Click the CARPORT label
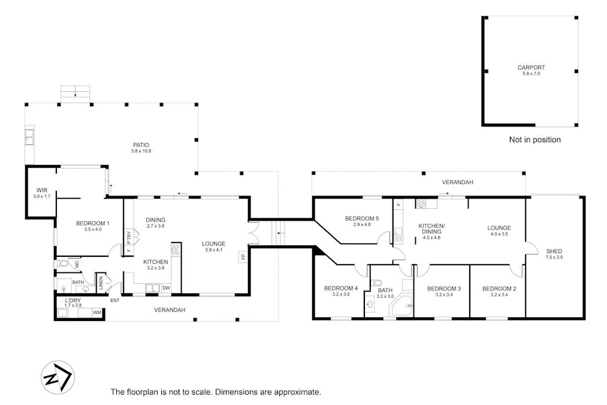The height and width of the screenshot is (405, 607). pyautogui.click(x=531, y=68)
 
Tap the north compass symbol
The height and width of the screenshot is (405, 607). pyautogui.click(x=57, y=378)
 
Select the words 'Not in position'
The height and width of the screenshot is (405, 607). pyautogui.click(x=534, y=140)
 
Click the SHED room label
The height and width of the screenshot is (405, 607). pyautogui.click(x=554, y=251)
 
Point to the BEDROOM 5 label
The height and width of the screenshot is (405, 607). pyautogui.click(x=362, y=218)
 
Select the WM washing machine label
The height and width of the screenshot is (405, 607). pyautogui.click(x=96, y=313)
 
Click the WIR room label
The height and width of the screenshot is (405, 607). pyautogui.click(x=42, y=190)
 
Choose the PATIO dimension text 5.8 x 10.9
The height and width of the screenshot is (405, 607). pyautogui.click(x=141, y=151)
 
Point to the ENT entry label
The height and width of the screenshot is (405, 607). pyautogui.click(x=114, y=300)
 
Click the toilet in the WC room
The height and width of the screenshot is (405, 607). pyautogui.click(x=64, y=263)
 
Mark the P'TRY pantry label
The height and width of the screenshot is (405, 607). pyautogui.click(x=128, y=237)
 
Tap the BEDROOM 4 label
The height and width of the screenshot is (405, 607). pyautogui.click(x=340, y=288)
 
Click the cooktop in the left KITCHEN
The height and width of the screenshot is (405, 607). pyautogui.click(x=176, y=250)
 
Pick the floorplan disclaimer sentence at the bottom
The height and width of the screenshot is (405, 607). pyautogui.click(x=216, y=392)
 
